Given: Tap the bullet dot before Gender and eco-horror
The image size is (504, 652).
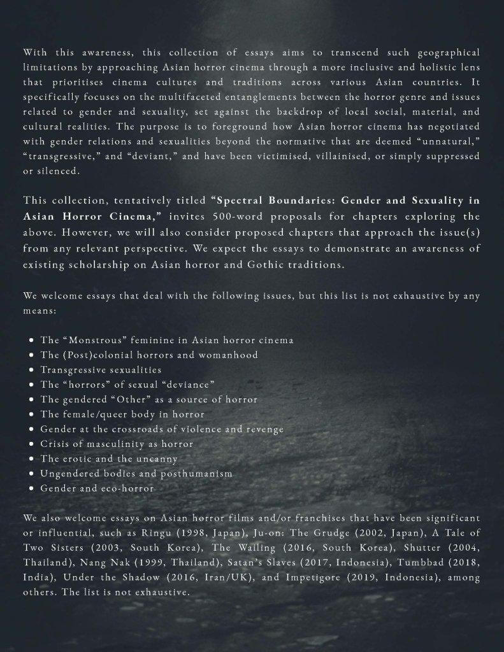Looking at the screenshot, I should pyautogui.click(x=31, y=489).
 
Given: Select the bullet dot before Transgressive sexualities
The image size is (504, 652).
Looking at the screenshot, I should pyautogui.click(x=31, y=370).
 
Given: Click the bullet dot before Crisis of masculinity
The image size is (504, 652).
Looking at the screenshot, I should pyautogui.click(x=31, y=444).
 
